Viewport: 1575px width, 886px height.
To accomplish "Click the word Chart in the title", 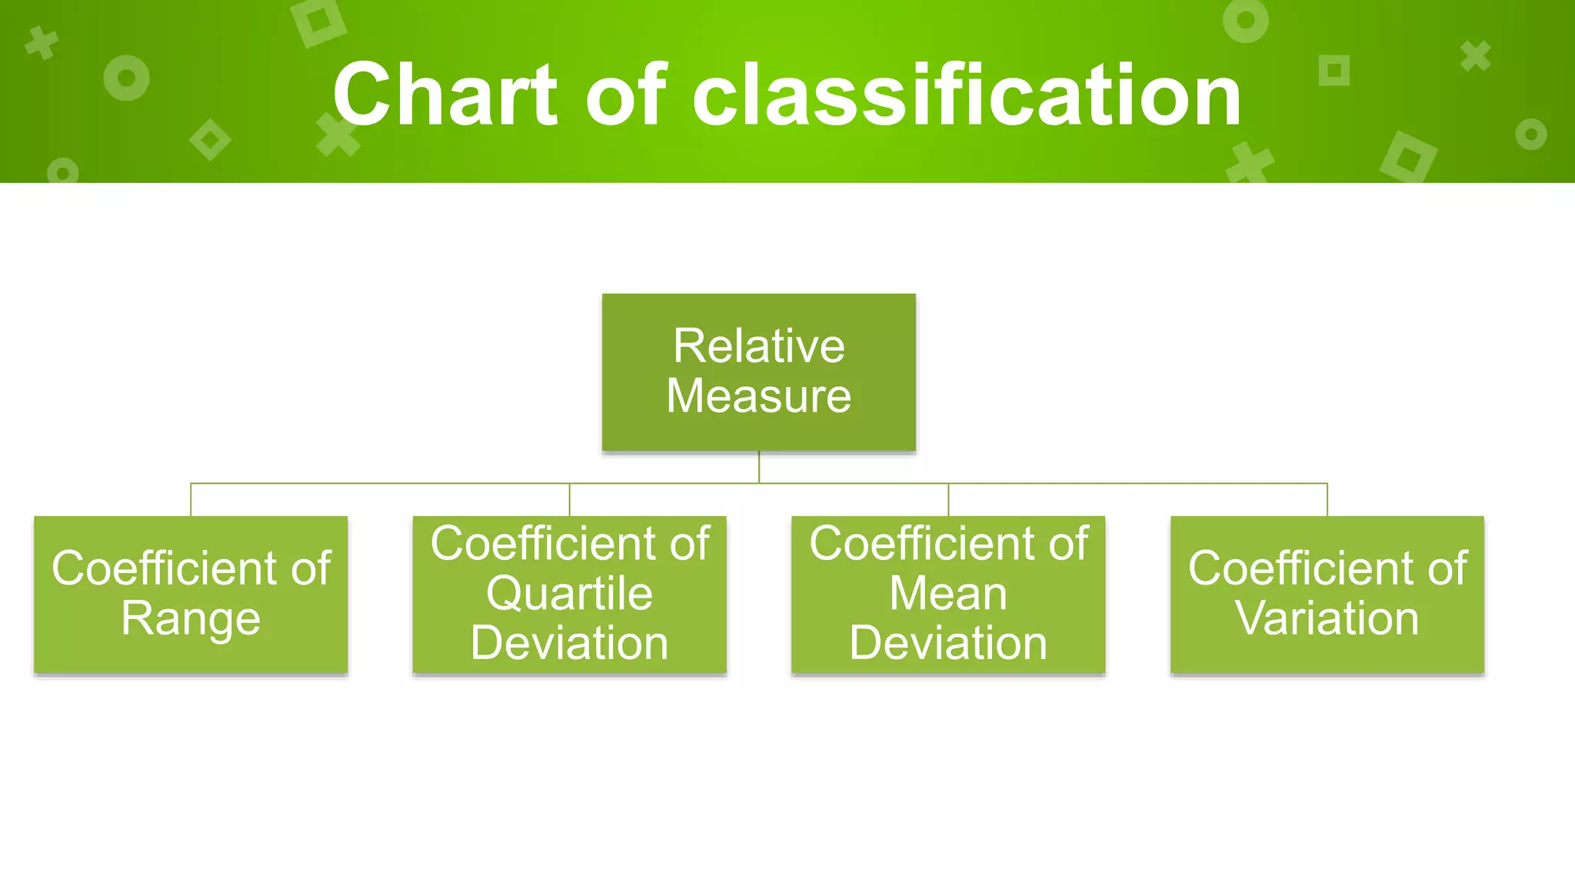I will (445, 95).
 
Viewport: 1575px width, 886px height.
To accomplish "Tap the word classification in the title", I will (967, 95).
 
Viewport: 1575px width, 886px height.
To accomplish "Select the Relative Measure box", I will (758, 371).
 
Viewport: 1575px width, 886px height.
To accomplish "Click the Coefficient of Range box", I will (191, 595).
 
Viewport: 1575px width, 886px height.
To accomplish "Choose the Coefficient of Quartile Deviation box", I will (569, 595).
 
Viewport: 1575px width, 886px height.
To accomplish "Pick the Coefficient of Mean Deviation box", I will (948, 595).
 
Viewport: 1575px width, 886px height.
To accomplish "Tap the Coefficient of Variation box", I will (1327, 595).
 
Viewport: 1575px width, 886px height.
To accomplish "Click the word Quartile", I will (569, 594).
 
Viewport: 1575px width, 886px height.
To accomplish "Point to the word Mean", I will (948, 594).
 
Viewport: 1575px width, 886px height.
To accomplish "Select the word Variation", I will (1327, 618).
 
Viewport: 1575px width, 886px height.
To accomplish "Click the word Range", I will (191, 620).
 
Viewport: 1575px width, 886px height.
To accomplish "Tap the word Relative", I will (758, 346).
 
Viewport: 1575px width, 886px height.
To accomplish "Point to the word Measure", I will (758, 396).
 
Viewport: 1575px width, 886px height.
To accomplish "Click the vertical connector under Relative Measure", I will (759, 467).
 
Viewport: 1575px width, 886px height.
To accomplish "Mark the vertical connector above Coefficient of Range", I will (191, 500).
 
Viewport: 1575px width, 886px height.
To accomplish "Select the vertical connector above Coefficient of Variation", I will (1327, 500).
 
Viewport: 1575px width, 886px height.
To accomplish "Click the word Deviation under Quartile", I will (569, 644).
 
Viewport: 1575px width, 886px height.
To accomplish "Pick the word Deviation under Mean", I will (948, 644).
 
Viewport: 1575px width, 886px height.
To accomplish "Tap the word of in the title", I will (625, 95).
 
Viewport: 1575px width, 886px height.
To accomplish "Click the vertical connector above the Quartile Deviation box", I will (570, 500).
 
